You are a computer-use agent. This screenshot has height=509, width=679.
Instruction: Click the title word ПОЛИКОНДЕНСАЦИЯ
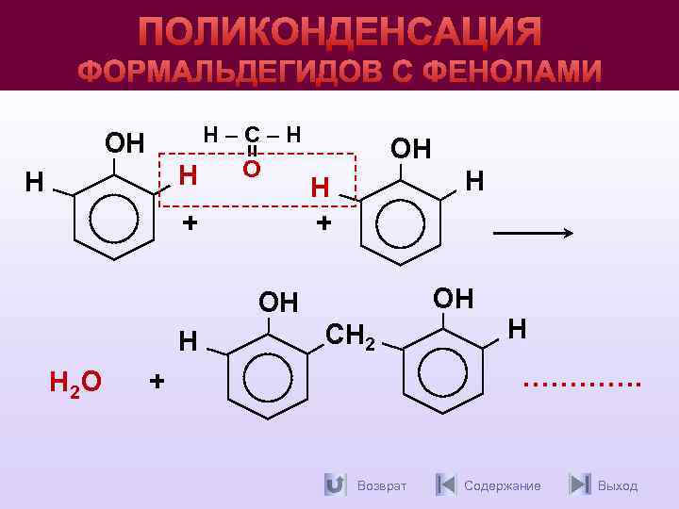[x=339, y=30]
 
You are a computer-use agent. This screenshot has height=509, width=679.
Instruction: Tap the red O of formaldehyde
[x=251, y=170]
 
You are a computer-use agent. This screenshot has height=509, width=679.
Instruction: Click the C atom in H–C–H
[x=251, y=136]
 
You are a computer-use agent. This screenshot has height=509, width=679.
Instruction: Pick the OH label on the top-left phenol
[x=124, y=143]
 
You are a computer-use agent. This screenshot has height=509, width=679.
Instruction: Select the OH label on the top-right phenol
[x=410, y=148]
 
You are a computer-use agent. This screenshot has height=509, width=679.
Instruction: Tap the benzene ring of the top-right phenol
[x=403, y=222]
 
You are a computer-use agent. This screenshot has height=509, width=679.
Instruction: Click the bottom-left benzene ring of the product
[x=269, y=374]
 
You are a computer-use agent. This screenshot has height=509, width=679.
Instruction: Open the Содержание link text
[x=503, y=485]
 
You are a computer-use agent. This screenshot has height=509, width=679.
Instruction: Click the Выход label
[x=618, y=485]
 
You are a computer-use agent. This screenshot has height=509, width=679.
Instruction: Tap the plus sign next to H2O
[x=157, y=381]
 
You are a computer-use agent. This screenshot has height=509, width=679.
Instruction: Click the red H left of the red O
[x=188, y=175]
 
